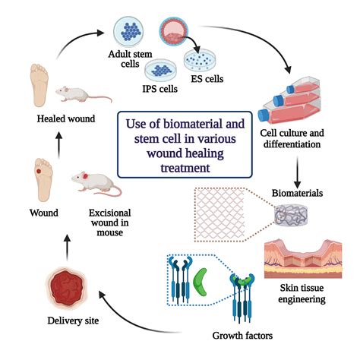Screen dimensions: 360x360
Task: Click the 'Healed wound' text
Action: point(47,118)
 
